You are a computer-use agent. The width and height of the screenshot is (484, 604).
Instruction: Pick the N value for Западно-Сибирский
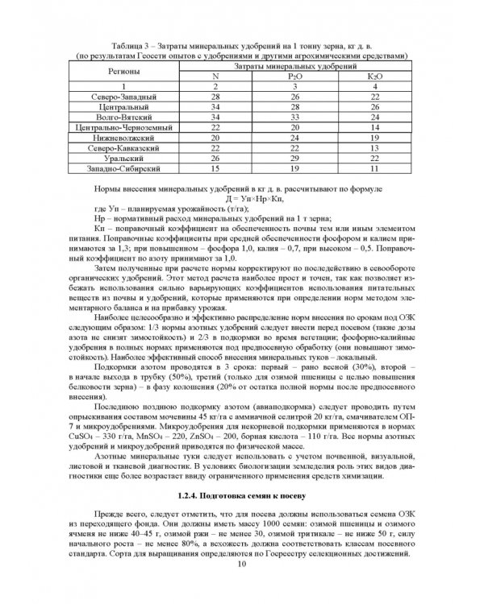point(215,170)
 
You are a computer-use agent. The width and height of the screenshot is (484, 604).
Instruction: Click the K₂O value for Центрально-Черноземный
point(373,127)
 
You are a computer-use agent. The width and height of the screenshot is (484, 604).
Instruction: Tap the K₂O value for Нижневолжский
point(373,138)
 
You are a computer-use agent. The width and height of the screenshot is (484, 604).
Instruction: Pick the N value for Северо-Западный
point(215,96)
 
